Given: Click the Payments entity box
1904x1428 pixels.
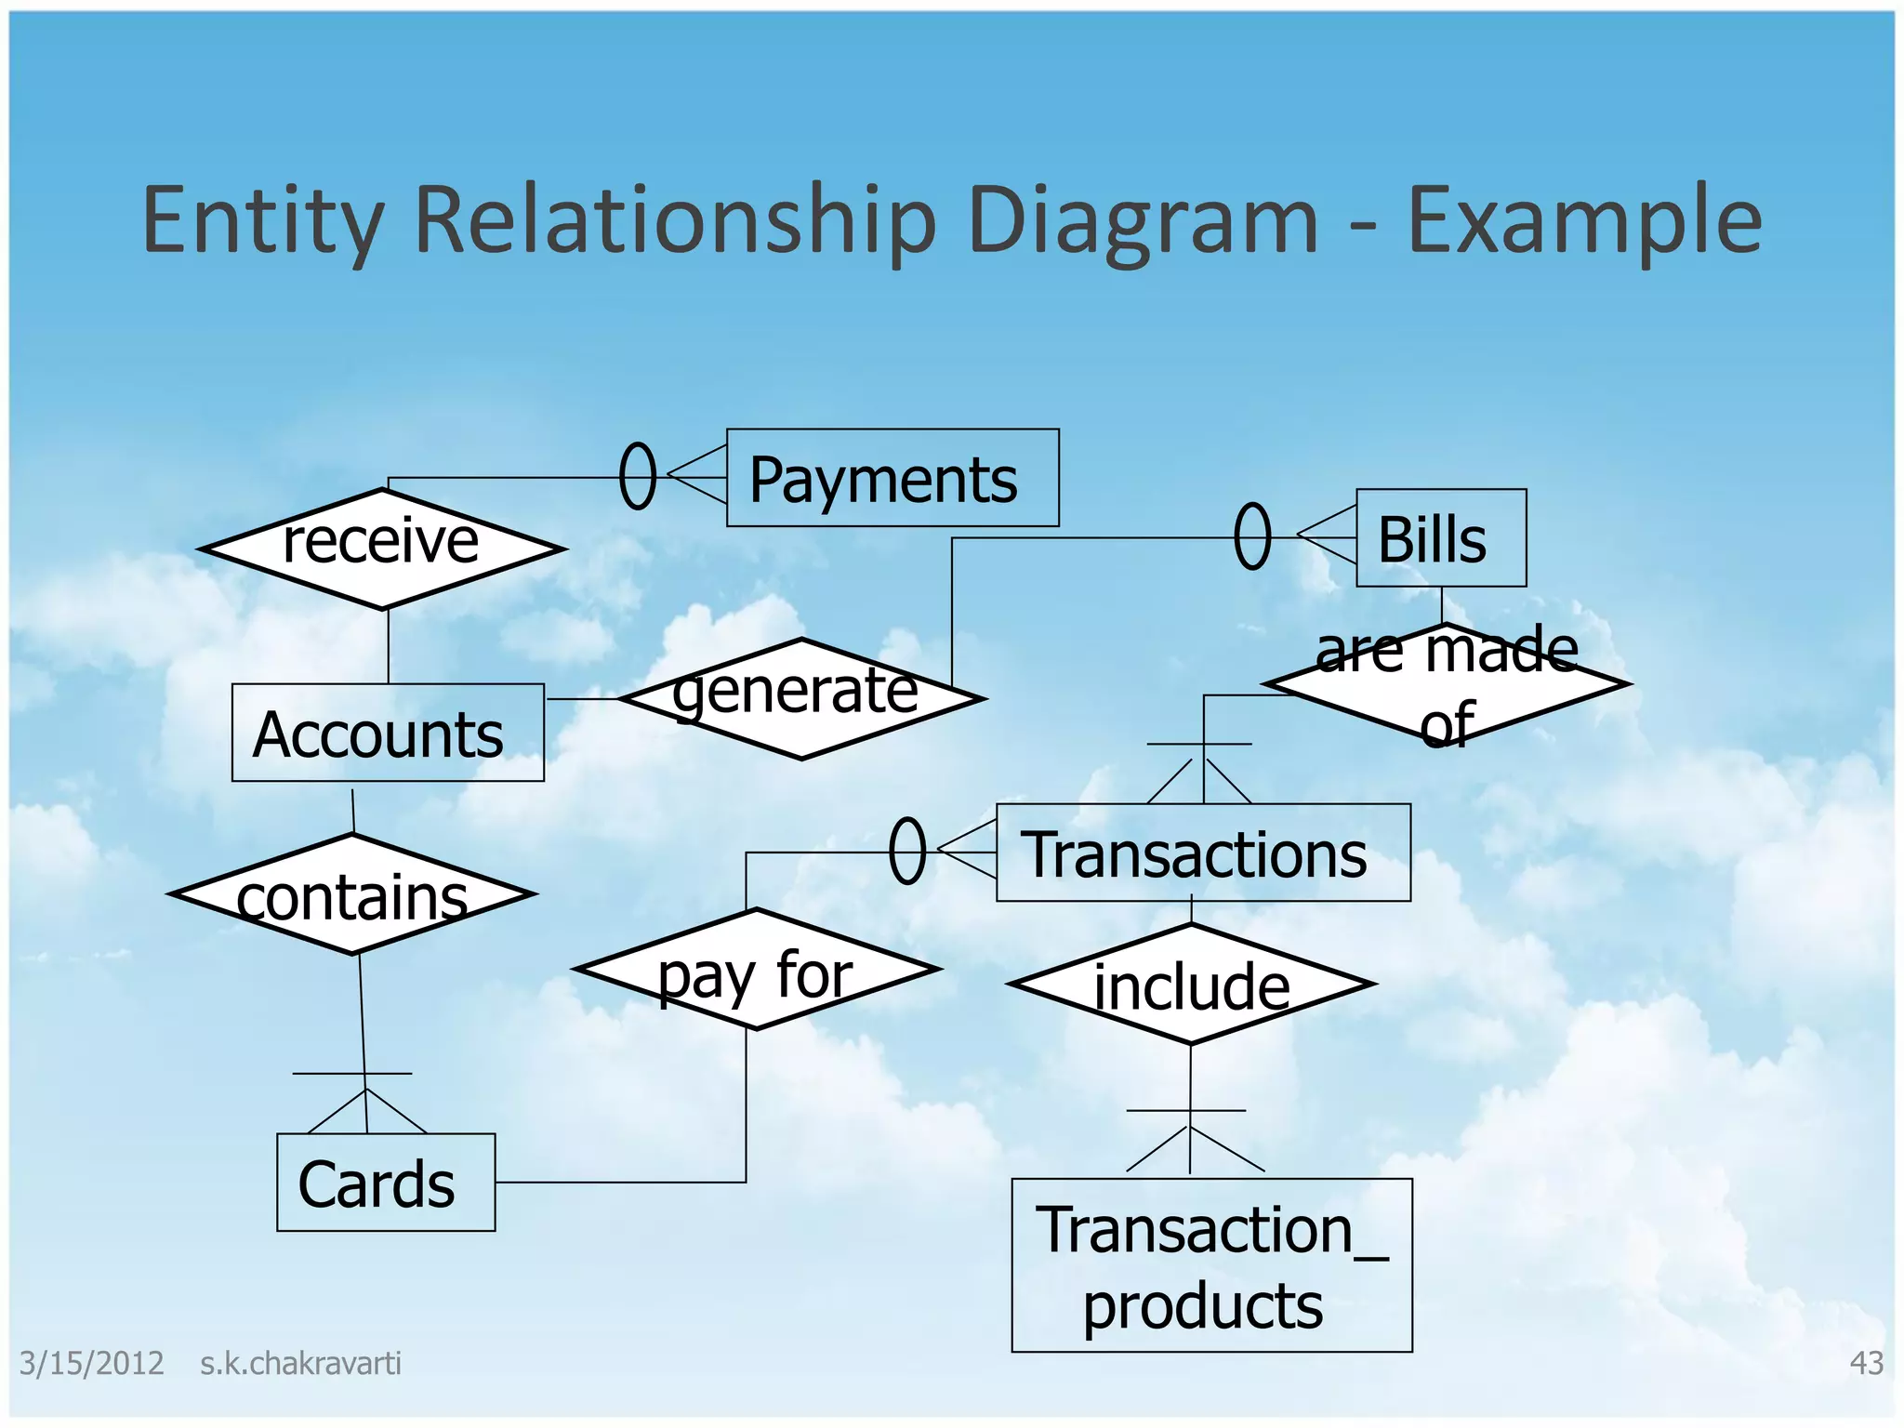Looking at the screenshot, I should (892, 478).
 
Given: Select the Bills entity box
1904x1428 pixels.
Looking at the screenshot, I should (1440, 538).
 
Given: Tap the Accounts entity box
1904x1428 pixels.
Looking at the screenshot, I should (388, 733).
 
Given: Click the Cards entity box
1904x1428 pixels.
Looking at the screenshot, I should (386, 1182).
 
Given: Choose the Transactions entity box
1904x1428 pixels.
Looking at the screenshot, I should (1202, 853).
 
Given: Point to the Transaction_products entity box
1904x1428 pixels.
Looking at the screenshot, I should (1210, 1264).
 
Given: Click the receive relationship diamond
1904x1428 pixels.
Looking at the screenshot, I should (382, 549).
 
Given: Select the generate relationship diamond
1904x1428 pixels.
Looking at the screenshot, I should (800, 699).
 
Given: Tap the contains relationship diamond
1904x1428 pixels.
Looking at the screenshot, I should (352, 894).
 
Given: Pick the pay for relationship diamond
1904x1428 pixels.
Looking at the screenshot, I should (757, 970).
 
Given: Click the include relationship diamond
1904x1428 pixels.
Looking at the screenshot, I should (1191, 984).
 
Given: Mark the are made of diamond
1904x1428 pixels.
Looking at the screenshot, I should (1447, 684).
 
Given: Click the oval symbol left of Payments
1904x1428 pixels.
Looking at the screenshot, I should (638, 476).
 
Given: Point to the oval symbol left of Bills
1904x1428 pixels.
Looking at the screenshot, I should (1252, 536).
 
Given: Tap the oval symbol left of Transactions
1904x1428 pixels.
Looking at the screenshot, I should (907, 851).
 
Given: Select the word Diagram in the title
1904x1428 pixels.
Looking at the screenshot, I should (1142, 220).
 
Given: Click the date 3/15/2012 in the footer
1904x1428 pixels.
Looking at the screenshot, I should (91, 1363).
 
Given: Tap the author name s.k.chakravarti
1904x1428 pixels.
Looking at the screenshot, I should (300, 1363).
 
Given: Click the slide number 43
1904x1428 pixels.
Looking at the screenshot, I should (1866, 1363).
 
